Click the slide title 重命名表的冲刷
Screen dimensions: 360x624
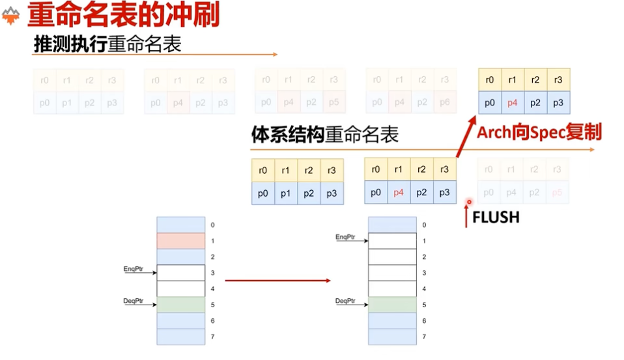pos(123,14)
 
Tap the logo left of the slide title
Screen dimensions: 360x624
pos(11,16)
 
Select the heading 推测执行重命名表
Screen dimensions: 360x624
pos(107,44)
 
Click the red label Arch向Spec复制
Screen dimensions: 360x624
pos(539,132)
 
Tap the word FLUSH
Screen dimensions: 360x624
pos(496,217)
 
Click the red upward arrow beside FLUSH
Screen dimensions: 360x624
pos(466,215)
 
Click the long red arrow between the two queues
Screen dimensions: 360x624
pos(277,280)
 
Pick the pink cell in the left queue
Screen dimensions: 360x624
pos(181,241)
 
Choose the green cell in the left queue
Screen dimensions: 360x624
pos(181,305)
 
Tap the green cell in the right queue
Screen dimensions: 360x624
pos(392,305)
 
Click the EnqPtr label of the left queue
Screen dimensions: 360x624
pos(134,268)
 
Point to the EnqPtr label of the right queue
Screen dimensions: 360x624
pos(346,236)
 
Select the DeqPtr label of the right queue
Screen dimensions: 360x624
pos(346,300)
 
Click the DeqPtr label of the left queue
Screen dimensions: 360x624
pos(134,300)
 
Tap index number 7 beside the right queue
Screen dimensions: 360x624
pos(424,337)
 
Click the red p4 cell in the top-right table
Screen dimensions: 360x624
pos(513,103)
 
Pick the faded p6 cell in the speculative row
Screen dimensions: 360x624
pos(444,102)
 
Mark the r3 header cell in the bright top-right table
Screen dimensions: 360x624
pos(558,80)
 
